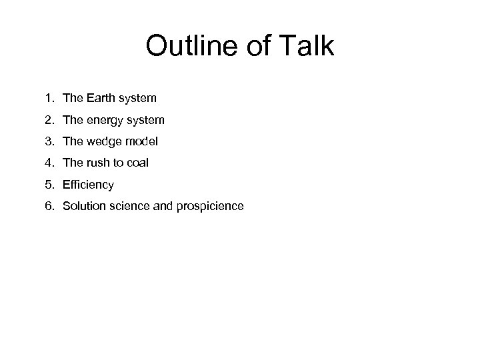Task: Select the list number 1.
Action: pos(49,99)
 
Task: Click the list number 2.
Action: pos(49,120)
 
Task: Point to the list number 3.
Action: pos(49,141)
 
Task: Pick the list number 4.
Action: pos(49,163)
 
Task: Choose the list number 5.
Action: pos(49,184)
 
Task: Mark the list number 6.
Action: pos(49,205)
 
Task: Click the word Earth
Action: pos(100,99)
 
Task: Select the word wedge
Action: pos(103,142)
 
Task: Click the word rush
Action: pos(98,163)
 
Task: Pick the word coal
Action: pos(137,163)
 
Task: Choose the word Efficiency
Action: pos(88,185)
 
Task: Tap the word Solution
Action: pos(83,205)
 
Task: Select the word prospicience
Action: pos(210,206)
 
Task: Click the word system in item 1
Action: pos(138,99)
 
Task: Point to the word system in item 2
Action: pos(145,121)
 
